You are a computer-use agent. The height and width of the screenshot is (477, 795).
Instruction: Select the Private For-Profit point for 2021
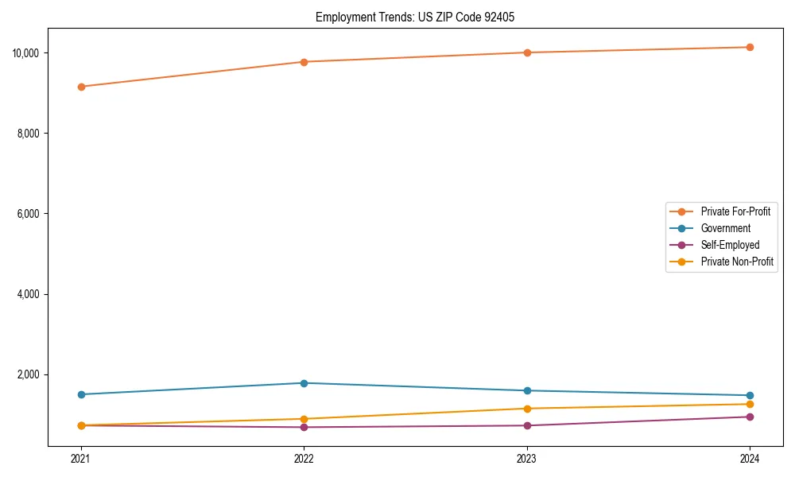[81, 87]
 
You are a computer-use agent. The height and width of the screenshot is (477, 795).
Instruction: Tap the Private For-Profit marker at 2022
[304, 62]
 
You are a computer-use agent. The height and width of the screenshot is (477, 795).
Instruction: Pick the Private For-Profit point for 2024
[750, 47]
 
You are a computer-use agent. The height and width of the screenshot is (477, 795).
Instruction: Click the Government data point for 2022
[304, 383]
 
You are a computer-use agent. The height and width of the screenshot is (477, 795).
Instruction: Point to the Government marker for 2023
[527, 390]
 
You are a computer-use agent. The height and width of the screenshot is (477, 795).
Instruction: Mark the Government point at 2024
[750, 395]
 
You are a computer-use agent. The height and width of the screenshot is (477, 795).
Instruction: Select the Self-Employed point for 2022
[304, 427]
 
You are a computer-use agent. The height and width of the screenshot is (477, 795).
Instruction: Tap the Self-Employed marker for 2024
[750, 417]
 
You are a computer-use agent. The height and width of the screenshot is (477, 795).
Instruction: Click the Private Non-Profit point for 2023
[527, 409]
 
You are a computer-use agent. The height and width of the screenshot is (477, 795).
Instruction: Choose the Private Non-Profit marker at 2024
[750, 404]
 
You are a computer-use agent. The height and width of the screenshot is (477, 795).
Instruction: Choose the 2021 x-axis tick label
[81, 458]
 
